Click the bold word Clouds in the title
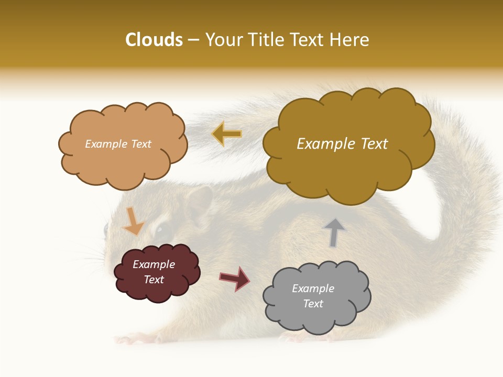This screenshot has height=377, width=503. pyautogui.click(x=154, y=40)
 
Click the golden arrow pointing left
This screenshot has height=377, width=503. pyautogui.click(x=226, y=134)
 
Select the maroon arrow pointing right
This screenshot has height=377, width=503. pyautogui.click(x=235, y=278)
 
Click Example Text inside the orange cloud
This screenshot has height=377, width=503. pyautogui.click(x=118, y=144)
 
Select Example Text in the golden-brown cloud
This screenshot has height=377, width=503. pyautogui.click(x=342, y=144)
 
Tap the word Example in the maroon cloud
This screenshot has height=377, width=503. pyautogui.click(x=154, y=264)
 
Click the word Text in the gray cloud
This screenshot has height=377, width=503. pyautogui.click(x=313, y=304)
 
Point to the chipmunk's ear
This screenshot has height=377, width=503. pyautogui.click(x=199, y=204)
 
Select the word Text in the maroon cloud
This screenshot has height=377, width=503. pyautogui.click(x=154, y=280)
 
